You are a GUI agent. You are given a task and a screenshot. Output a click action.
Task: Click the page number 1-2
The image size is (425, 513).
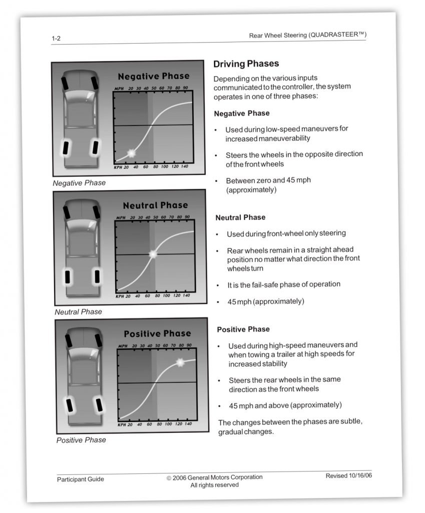coord(56,38)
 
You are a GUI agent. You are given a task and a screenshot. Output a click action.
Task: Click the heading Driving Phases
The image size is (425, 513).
coord(246,64)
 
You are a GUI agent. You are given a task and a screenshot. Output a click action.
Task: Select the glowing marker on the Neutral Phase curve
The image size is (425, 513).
coord(153,254)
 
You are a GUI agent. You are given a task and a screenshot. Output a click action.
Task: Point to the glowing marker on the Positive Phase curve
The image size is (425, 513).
coord(180,362)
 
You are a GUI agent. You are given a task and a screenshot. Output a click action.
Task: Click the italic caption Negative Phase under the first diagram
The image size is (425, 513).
coord(79,183)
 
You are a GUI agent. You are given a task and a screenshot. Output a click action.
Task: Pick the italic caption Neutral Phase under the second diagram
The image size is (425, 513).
coord(78,312)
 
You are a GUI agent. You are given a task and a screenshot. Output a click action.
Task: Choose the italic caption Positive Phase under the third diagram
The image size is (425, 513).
coord(81,440)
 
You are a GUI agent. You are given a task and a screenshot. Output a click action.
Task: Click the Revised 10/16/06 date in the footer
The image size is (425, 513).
coord(349,475)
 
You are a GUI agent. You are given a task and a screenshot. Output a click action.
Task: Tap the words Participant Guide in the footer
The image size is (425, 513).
coord(81,479)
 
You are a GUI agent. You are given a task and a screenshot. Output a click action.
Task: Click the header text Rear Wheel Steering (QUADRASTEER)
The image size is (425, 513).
coord(307,35)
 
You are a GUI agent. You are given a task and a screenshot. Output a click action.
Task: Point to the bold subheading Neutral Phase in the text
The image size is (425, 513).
coord(240,217)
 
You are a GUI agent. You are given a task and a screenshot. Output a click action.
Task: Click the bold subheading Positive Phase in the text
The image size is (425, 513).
coord(243,329)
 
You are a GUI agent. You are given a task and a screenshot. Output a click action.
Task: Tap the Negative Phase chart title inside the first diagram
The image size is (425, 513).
coord(153,76)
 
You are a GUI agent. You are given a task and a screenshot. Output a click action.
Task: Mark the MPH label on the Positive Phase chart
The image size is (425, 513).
coord(123,346)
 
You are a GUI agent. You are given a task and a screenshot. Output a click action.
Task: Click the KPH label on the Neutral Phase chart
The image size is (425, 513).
coord(120,296)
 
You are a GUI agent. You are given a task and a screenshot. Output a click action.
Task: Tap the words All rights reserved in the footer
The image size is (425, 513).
coord(214,485)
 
